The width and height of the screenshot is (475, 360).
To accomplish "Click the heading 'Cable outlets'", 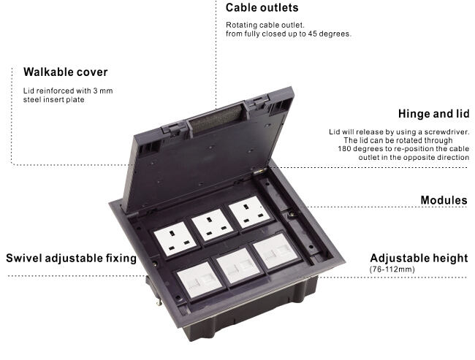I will click(x=262, y=8).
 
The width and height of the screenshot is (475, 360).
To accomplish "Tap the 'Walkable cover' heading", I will click(x=66, y=72).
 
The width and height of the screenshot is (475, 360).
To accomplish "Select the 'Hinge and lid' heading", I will click(x=433, y=114).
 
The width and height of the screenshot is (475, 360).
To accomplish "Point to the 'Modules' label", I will click(x=444, y=200).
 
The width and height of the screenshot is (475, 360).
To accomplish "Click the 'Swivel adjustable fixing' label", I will click(x=72, y=258).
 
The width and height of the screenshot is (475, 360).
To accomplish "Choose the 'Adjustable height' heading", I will click(x=419, y=258).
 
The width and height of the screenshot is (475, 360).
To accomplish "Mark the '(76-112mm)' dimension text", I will click(x=392, y=269).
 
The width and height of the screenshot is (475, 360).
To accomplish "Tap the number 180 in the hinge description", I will click(x=346, y=148).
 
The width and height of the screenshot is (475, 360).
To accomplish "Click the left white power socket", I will click(x=175, y=239).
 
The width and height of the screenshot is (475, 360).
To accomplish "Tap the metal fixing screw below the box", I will click(x=156, y=297).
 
